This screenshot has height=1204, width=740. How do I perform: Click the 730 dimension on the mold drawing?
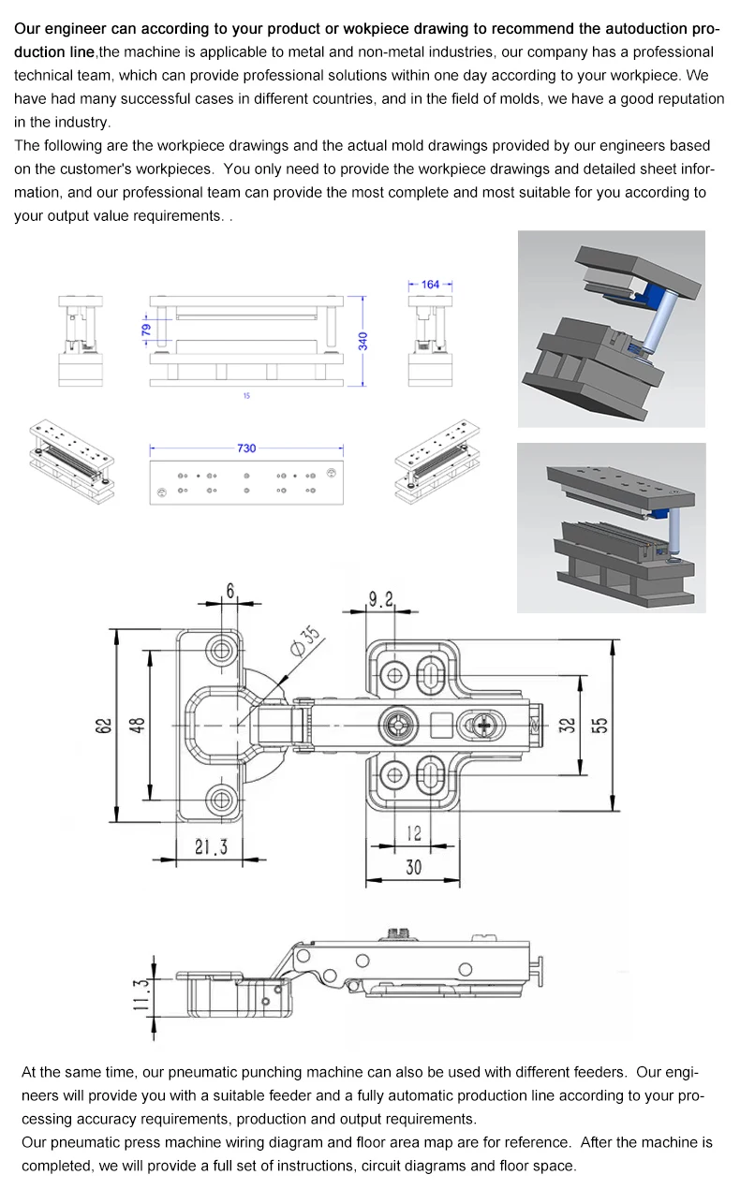pyautogui.click(x=245, y=448)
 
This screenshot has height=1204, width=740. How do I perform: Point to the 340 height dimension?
pyautogui.click(x=363, y=341)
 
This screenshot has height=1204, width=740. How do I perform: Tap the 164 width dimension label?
pyautogui.click(x=430, y=285)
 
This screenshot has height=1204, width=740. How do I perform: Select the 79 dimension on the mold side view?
pyautogui.click(x=146, y=330)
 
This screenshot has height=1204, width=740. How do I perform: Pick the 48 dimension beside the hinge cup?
pyautogui.click(x=137, y=726)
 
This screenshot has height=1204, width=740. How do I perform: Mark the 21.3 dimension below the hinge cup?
pyautogui.click(x=211, y=846)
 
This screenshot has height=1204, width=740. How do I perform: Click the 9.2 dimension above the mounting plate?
pyautogui.click(x=381, y=598)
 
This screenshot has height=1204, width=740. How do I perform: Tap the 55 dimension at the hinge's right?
pyautogui.click(x=599, y=726)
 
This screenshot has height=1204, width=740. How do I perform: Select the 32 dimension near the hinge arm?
pyautogui.click(x=567, y=726)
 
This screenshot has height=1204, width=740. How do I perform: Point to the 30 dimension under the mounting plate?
pyautogui.click(x=413, y=867)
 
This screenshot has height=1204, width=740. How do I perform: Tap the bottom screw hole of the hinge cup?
pyautogui.click(x=223, y=800)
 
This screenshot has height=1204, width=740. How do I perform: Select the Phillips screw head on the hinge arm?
pyautogui.click(x=483, y=724)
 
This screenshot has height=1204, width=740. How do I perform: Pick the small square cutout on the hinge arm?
pyautogui.click(x=439, y=724)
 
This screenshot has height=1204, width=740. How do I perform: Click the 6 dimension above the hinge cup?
pyautogui.click(x=229, y=592)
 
